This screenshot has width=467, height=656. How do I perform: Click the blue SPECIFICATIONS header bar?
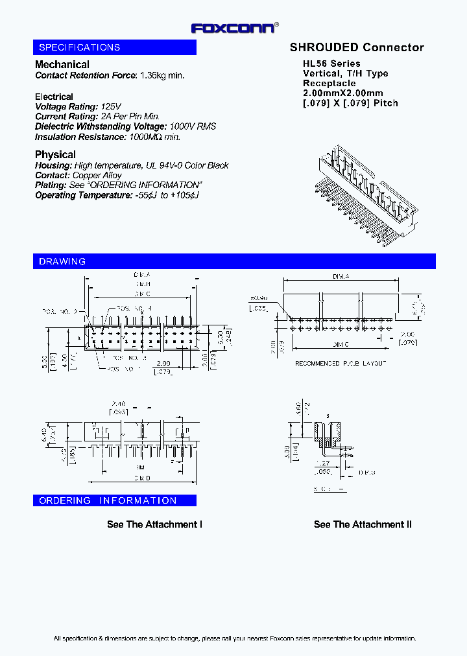point(115,47)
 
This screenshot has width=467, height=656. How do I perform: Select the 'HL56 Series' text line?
point(331,64)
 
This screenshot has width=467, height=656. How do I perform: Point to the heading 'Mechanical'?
point(62,64)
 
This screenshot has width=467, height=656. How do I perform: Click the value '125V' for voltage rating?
point(111,106)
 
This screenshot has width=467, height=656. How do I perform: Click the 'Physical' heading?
point(55,154)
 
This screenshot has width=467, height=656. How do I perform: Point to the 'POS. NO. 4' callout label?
point(135,309)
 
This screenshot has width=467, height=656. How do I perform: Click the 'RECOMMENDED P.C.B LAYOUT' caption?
point(340,363)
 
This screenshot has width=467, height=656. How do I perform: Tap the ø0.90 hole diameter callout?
point(258,299)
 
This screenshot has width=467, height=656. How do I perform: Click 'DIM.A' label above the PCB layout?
point(341,277)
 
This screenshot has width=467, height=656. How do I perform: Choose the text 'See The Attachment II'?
point(363,524)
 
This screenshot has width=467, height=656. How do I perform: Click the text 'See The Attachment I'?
point(155,524)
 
